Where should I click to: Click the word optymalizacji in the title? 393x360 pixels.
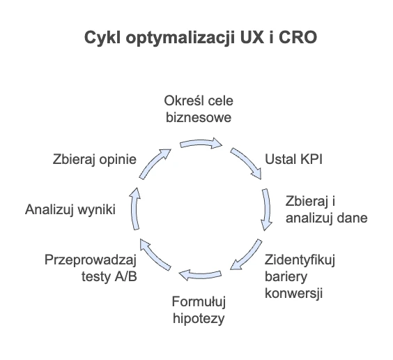(180, 38)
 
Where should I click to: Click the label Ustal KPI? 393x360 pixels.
(293, 159)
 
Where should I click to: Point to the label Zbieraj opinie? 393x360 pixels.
(95, 160)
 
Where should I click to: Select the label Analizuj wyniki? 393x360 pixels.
(70, 210)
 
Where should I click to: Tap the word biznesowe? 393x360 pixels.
(199, 117)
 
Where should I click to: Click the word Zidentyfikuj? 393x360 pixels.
(300, 260)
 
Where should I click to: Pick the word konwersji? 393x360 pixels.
(293, 293)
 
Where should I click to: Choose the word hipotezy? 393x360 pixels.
(199, 319)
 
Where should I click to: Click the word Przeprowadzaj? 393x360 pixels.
(91, 260)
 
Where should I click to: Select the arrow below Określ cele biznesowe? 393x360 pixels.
(201, 144)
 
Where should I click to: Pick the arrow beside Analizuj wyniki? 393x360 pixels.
(135, 208)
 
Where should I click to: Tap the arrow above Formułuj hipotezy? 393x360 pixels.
(201, 275)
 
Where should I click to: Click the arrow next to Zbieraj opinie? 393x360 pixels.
(153, 163)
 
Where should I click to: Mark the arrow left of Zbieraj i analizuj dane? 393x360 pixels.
(267, 209)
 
